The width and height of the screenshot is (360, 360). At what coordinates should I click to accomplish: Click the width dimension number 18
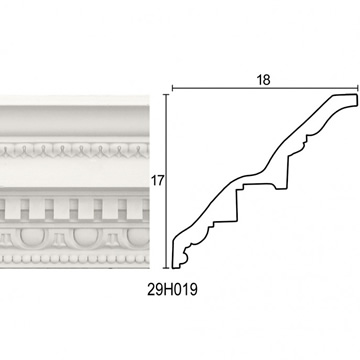tap(263, 80)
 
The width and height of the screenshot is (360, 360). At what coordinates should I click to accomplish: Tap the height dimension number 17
tap(158, 181)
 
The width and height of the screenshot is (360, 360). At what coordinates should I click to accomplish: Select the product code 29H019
tap(172, 290)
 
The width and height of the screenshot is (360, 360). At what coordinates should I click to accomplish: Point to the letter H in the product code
tap(168, 290)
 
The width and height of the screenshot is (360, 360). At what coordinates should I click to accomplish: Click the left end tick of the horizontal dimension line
tap(172, 88)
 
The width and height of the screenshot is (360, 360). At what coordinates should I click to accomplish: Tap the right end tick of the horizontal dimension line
tap(358, 88)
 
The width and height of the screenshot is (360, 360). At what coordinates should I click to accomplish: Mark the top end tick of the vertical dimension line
tap(166, 95)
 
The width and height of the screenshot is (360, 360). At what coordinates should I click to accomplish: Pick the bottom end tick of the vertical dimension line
tap(166, 268)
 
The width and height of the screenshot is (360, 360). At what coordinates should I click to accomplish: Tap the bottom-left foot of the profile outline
tap(176, 267)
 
